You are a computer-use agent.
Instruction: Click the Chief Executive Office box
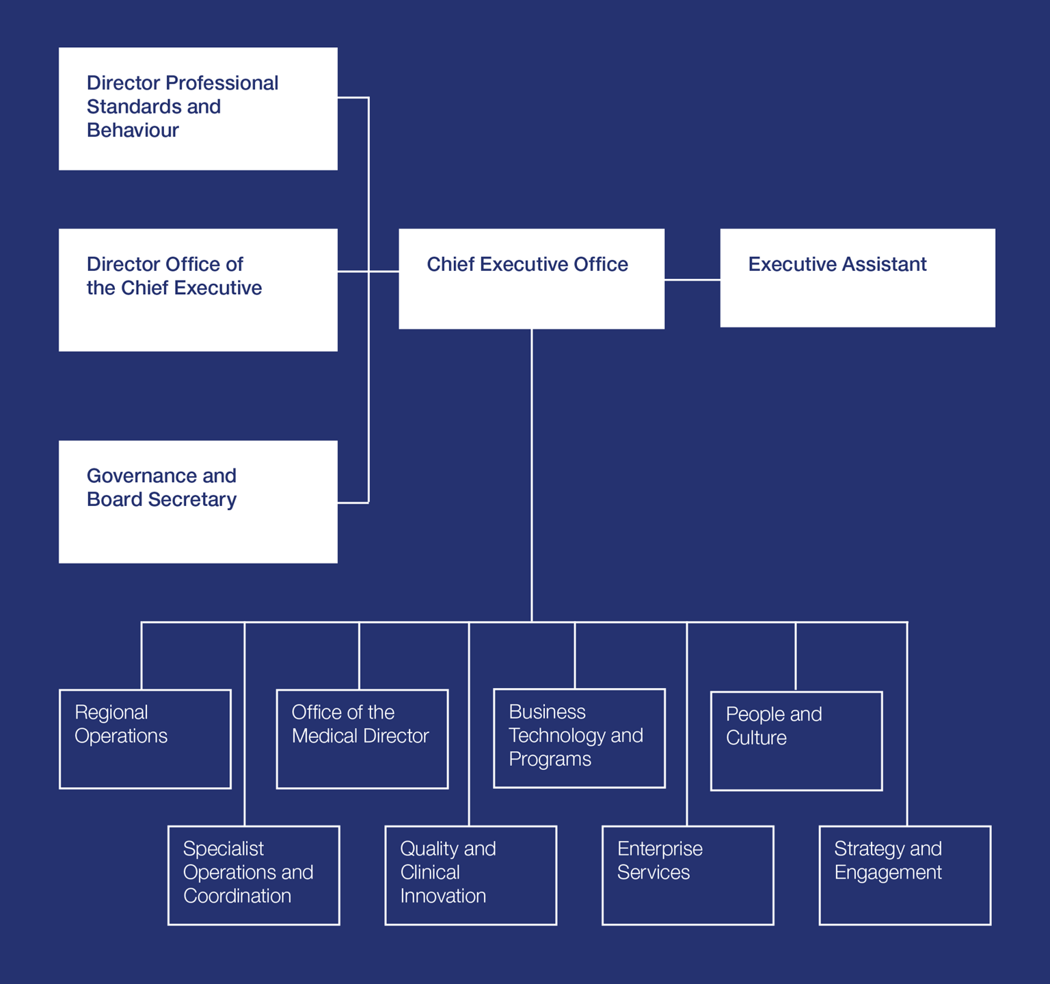point(531,278)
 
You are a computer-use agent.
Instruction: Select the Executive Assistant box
point(857,278)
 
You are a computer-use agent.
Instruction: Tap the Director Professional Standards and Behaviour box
point(198,109)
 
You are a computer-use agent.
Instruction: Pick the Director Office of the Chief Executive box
point(198,290)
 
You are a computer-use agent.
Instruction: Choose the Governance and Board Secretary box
point(198,502)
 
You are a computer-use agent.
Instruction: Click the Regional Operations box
point(145,739)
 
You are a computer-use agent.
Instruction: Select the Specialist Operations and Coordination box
point(254,875)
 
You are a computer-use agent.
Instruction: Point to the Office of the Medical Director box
point(362,739)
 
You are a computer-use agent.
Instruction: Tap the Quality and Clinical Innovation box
point(470,875)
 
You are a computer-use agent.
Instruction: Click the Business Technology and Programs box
point(579,739)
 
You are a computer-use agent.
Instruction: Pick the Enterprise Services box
point(688,875)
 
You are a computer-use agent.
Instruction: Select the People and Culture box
point(796,741)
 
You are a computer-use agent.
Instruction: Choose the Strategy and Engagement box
point(904,875)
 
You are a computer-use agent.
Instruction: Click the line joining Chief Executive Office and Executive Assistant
point(692,280)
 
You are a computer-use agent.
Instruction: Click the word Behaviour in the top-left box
point(133,131)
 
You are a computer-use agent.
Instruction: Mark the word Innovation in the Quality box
point(443,896)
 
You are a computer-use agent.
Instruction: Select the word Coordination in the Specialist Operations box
point(237,896)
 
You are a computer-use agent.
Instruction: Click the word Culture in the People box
point(756,738)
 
